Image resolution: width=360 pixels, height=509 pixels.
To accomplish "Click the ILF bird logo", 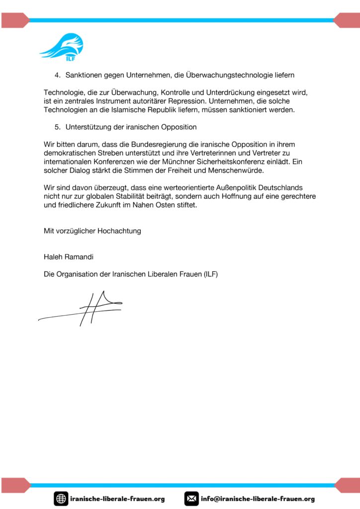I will tap(62, 46).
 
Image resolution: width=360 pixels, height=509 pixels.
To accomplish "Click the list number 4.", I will tap(57, 75).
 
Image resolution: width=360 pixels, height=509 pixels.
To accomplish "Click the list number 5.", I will tap(57, 127).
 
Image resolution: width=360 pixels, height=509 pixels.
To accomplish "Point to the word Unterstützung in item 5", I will tap(89, 127).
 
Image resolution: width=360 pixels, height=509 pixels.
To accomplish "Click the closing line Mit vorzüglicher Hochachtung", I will tap(92, 231).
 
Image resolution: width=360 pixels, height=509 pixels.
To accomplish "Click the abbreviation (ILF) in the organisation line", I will tap(207, 274).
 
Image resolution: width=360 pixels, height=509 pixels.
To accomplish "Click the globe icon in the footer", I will tap(61, 499).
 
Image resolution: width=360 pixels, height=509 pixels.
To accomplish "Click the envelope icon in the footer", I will tap(191, 499).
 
